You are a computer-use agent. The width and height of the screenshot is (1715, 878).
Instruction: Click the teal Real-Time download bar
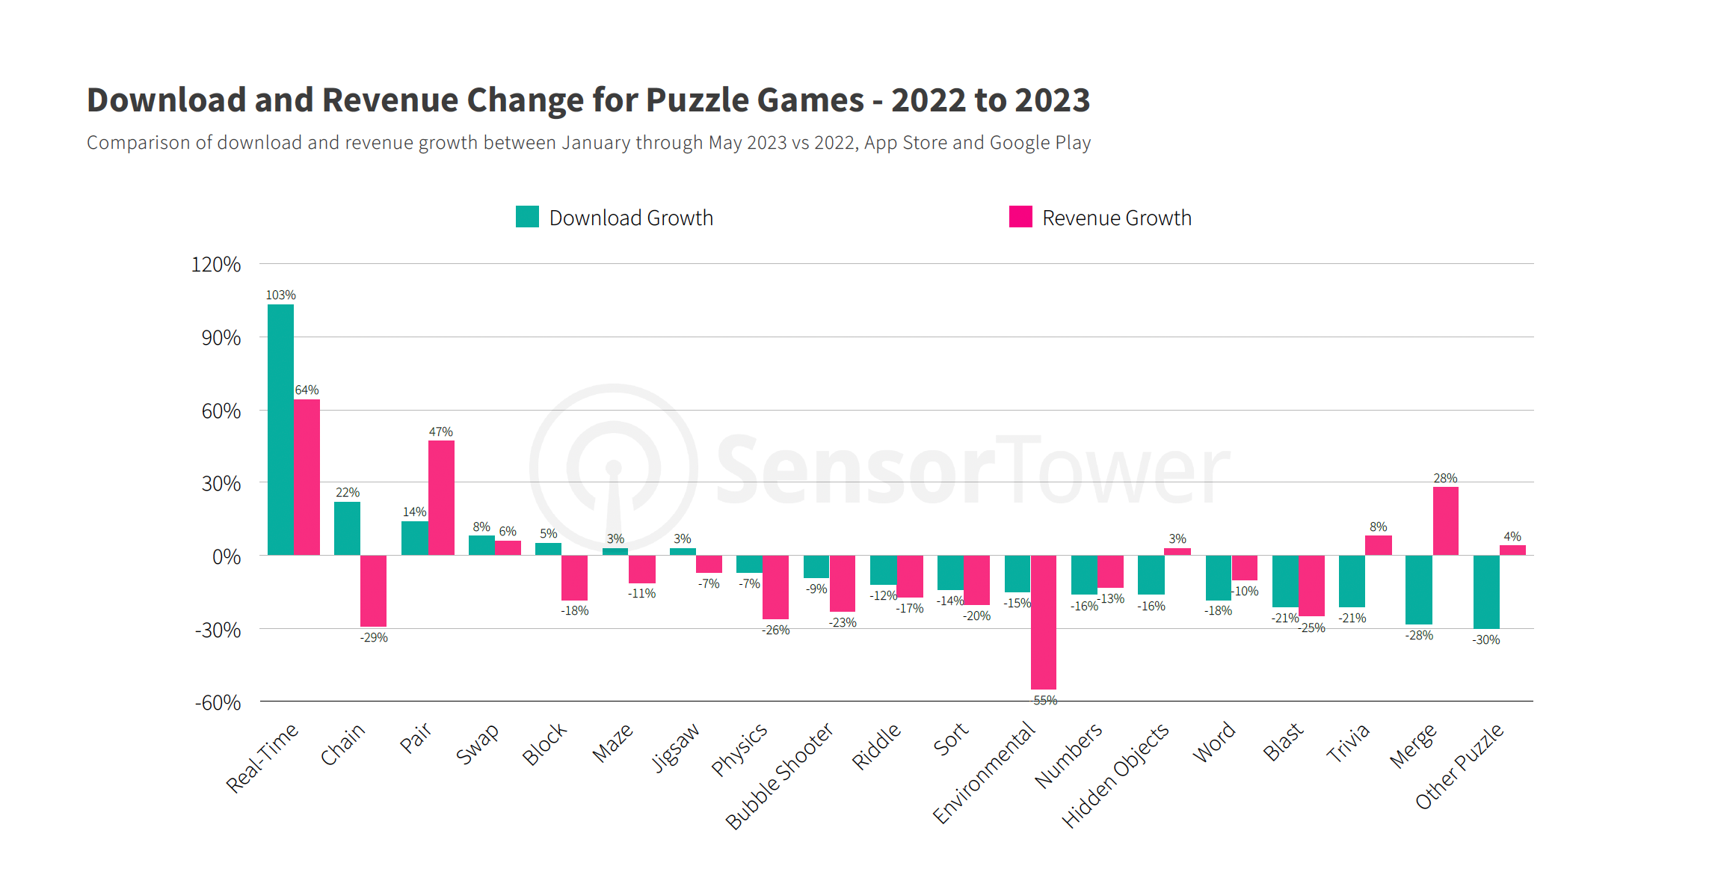pos(280,429)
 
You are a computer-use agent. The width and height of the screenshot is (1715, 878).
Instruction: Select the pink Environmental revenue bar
pos(1043,621)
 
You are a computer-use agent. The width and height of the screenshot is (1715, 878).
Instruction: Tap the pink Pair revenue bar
pos(441,497)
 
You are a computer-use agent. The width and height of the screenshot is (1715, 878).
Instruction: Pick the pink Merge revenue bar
pos(1445,521)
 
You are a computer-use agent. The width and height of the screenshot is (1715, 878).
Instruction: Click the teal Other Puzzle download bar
pos(1485,592)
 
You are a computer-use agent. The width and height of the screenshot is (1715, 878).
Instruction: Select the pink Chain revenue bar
pos(373,591)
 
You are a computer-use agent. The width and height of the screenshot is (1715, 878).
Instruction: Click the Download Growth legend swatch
pos(527,217)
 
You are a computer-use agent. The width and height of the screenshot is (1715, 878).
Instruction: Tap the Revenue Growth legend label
pos(1116,218)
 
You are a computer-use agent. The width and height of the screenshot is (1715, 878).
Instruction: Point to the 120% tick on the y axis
pos(215,265)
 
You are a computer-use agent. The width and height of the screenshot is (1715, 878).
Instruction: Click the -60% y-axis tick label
pos(218,703)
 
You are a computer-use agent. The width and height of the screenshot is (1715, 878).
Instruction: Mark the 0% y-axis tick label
pos(226,556)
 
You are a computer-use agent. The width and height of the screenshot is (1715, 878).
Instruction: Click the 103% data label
pos(280,295)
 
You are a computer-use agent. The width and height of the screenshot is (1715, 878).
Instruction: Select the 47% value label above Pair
pos(440,432)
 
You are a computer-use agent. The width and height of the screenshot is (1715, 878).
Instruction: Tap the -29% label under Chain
pos(374,638)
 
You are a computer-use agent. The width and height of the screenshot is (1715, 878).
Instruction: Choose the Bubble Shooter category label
pos(779,776)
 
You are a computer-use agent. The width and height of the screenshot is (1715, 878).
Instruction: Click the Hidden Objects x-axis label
pos(1115,776)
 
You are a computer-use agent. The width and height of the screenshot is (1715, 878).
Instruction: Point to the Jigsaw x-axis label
pos(676,746)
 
